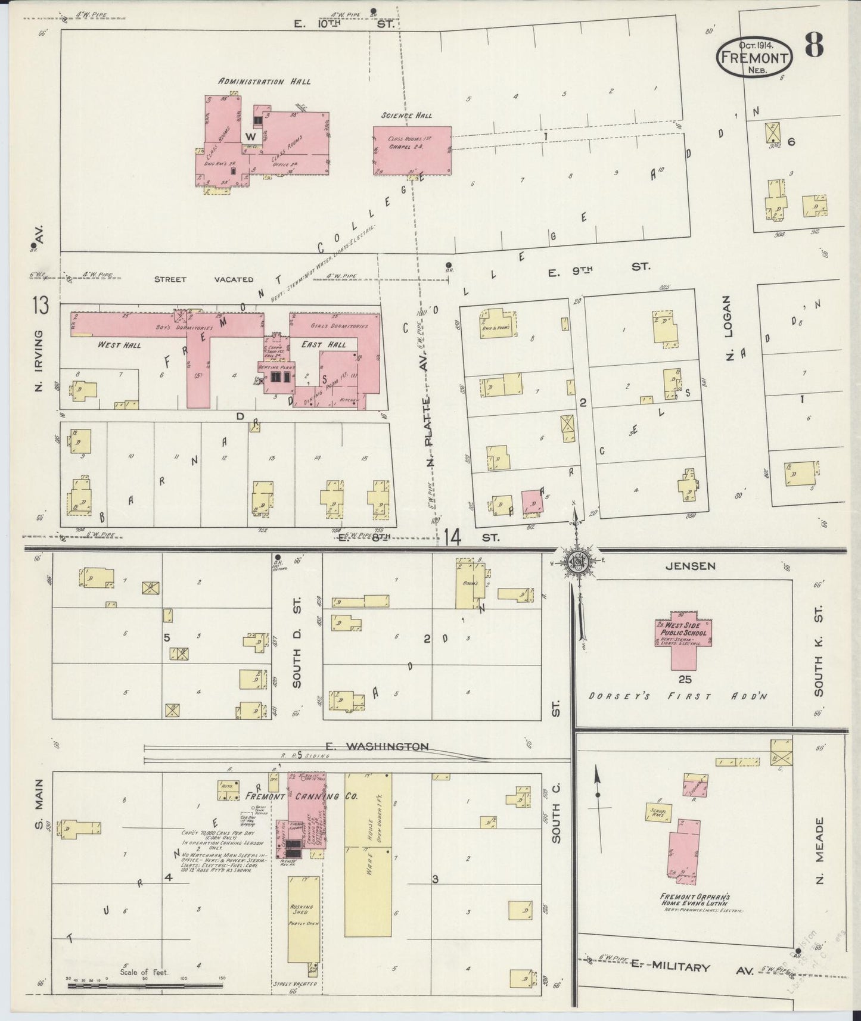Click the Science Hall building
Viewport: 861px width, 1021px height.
click(412, 150)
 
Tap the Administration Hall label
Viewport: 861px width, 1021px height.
click(264, 81)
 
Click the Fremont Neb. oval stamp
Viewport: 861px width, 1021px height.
click(754, 57)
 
